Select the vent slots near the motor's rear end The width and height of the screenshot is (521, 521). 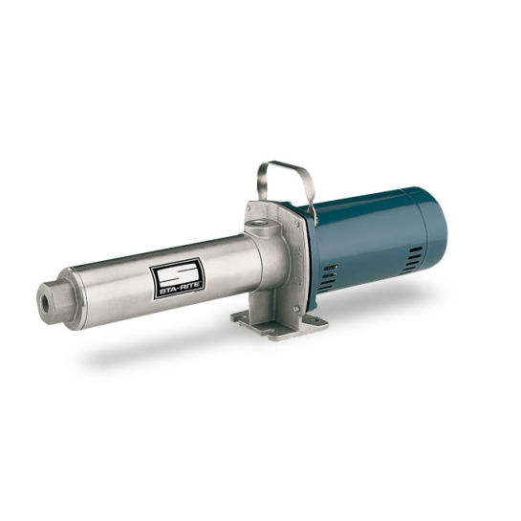click(x=414, y=255)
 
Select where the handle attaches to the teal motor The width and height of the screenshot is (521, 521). click(x=314, y=203)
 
